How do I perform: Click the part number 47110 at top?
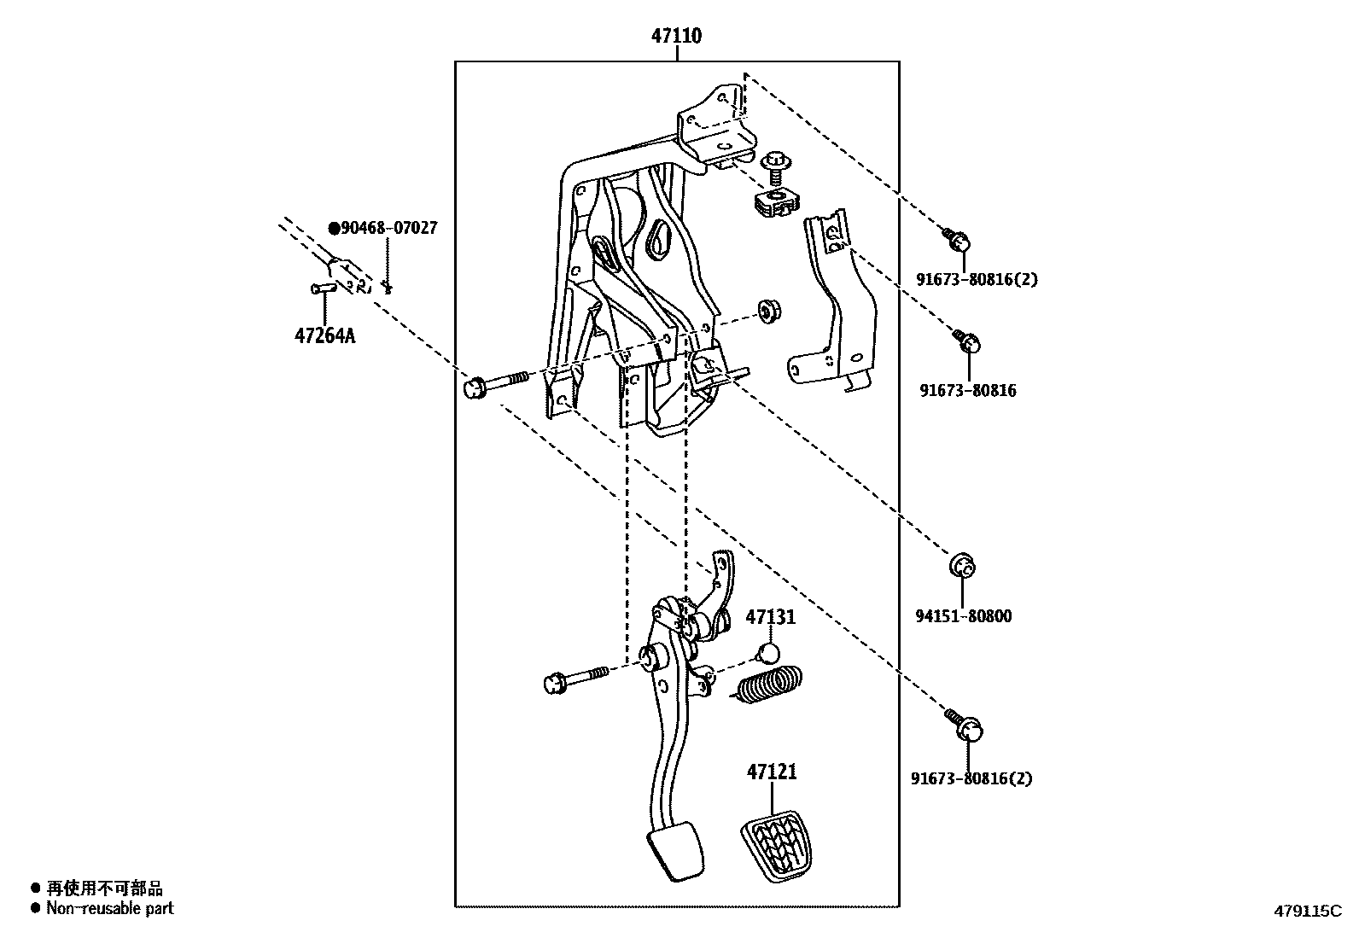(x=676, y=36)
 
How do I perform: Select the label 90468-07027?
(x=384, y=228)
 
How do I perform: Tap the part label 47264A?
(x=324, y=335)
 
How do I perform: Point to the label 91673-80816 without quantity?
(x=968, y=391)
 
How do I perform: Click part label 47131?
(x=771, y=617)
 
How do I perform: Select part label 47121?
(x=772, y=772)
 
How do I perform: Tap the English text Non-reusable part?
(x=109, y=908)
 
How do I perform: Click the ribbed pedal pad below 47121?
(x=774, y=844)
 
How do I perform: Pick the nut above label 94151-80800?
(x=963, y=566)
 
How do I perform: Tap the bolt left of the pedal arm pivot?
(x=574, y=679)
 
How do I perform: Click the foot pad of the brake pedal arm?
(x=676, y=850)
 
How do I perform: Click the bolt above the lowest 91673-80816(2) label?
(x=965, y=725)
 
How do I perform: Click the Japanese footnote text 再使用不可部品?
(x=103, y=888)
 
